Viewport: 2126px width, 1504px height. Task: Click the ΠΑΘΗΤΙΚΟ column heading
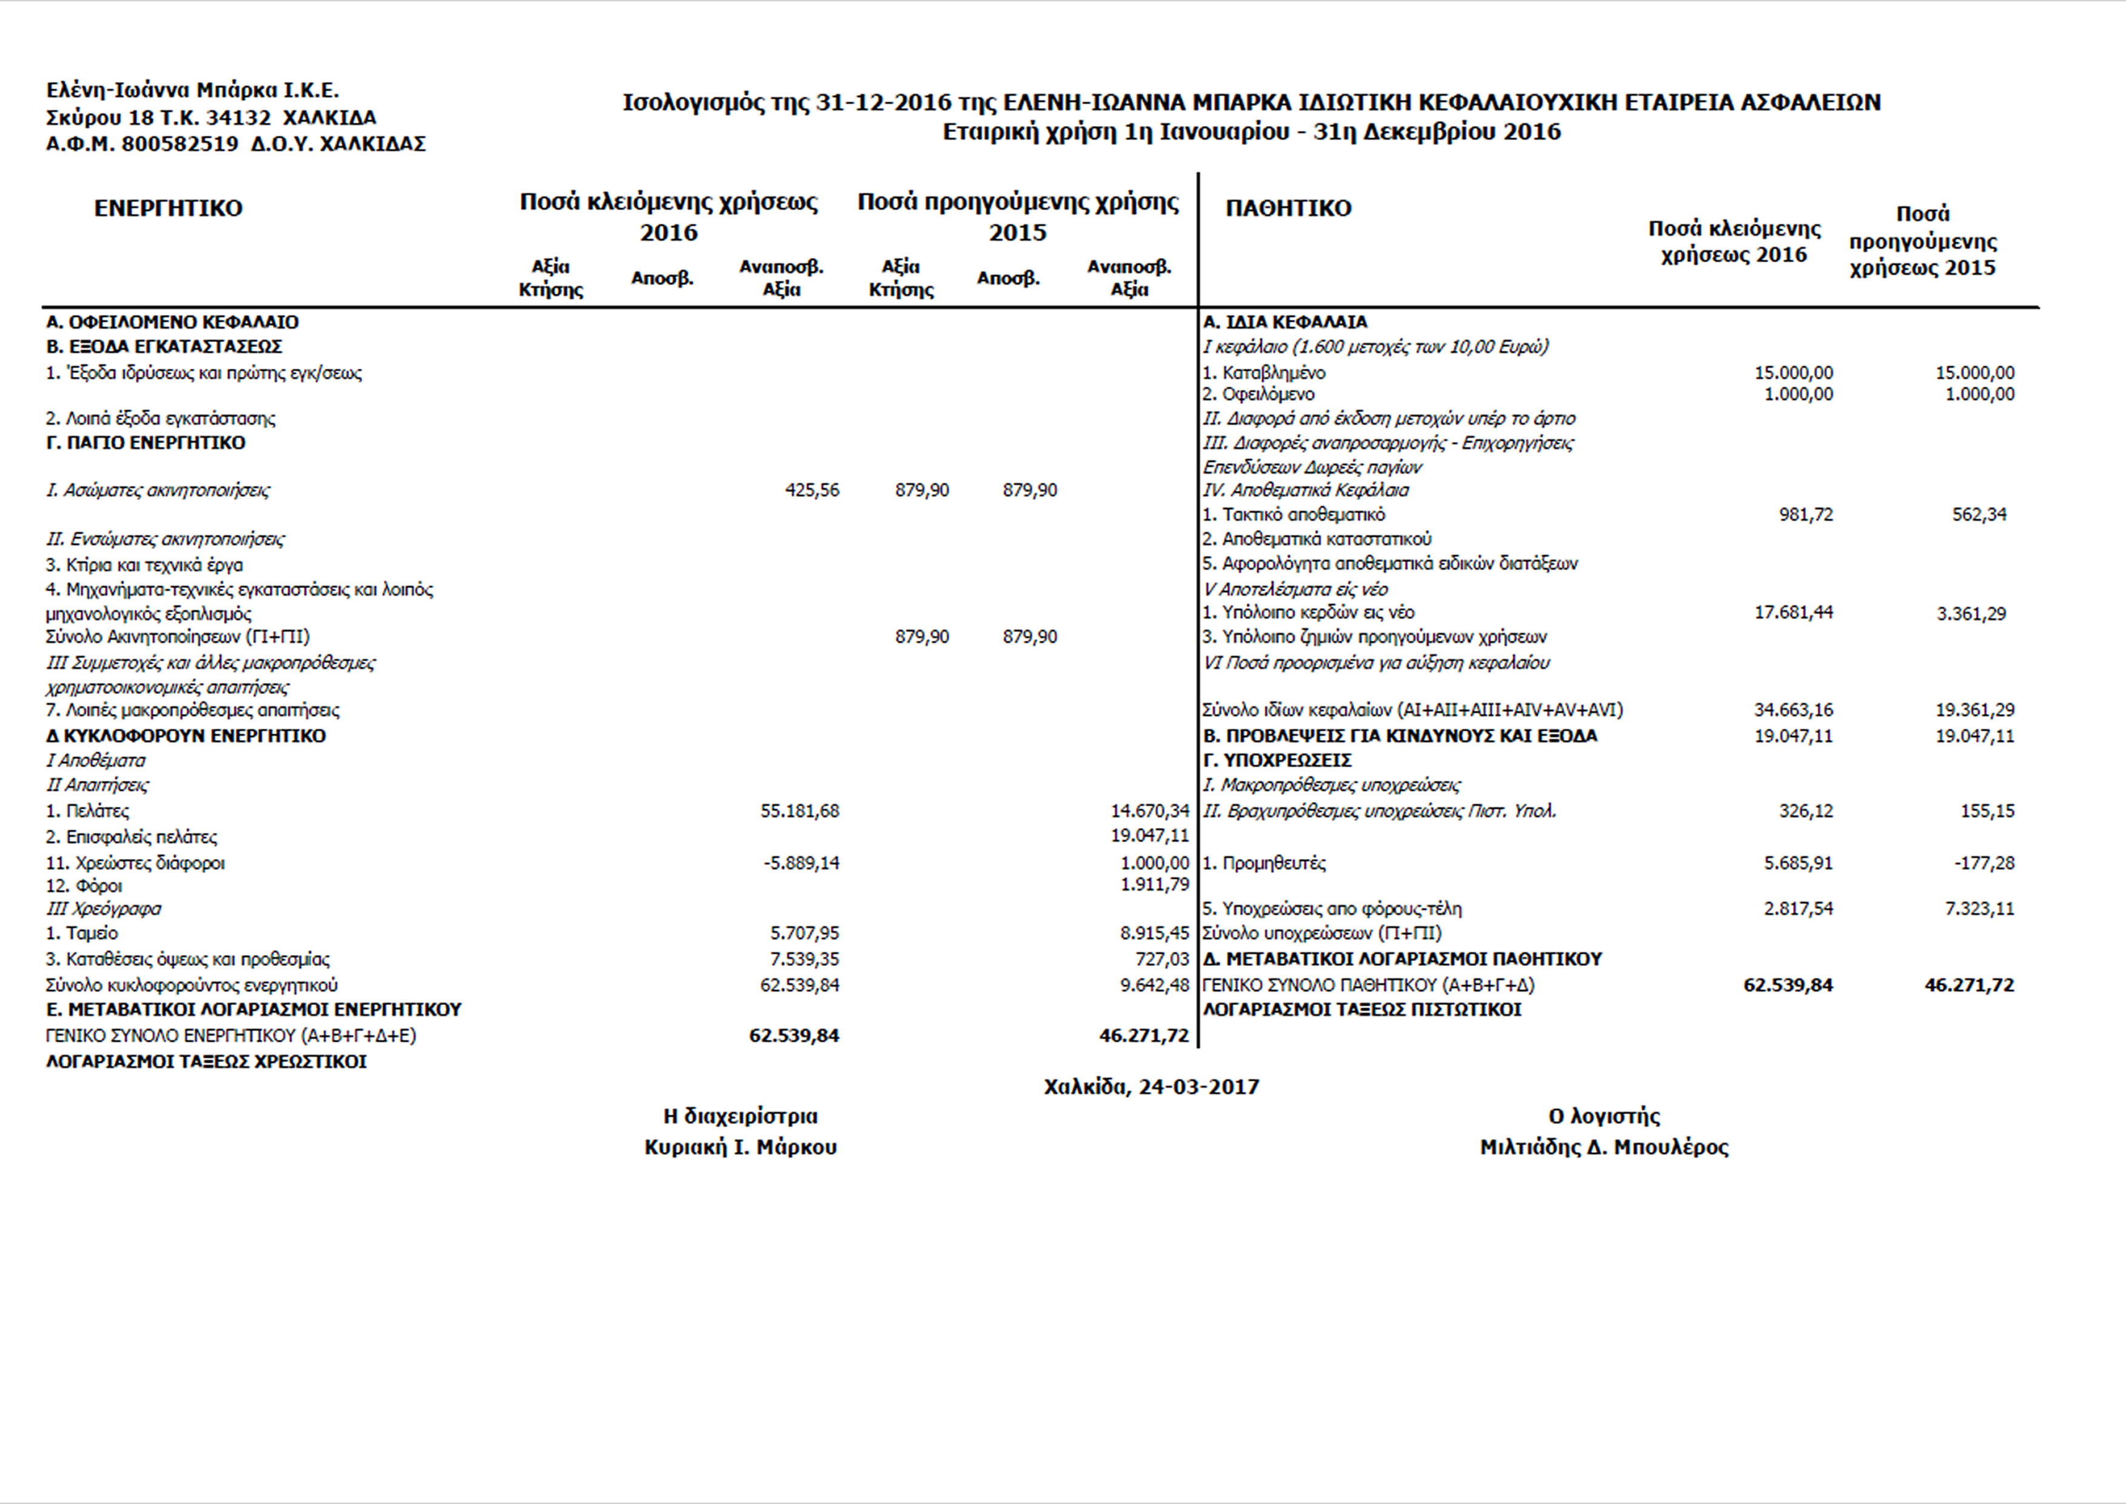click(x=1288, y=209)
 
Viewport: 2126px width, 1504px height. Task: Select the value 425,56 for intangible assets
click(x=812, y=490)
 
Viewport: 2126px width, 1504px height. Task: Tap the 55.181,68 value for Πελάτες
click(x=800, y=811)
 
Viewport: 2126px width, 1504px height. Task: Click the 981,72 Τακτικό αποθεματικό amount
click(x=1806, y=515)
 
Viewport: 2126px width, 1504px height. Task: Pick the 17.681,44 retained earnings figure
click(x=1794, y=612)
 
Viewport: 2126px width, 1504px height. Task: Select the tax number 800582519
click(x=179, y=144)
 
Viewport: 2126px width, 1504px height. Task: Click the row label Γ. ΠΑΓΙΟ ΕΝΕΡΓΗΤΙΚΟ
click(x=146, y=443)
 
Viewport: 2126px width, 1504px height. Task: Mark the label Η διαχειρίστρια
click(x=741, y=1117)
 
